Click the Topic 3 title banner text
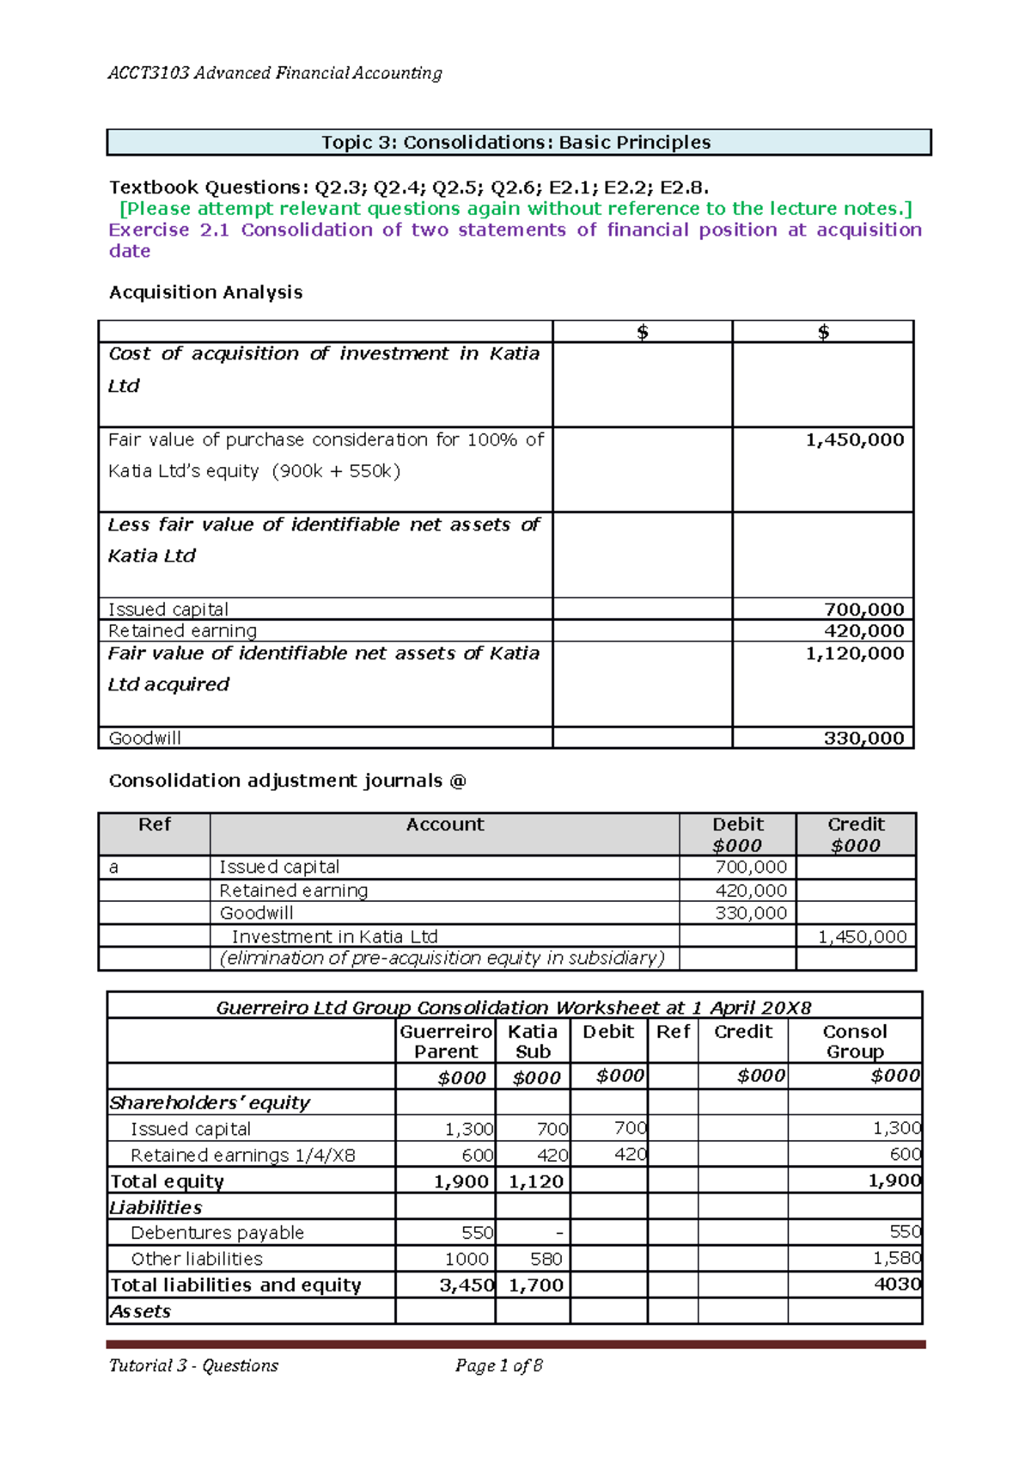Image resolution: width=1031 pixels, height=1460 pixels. click(515, 143)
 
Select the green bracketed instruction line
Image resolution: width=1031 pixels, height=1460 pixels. click(515, 209)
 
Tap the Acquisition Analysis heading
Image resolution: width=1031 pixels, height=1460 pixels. click(205, 292)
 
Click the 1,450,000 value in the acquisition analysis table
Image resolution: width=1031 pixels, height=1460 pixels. click(854, 440)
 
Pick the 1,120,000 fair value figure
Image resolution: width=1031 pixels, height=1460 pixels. click(854, 653)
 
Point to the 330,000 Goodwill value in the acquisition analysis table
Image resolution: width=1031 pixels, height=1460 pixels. click(863, 738)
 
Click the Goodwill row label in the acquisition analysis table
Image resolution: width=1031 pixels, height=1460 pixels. click(144, 738)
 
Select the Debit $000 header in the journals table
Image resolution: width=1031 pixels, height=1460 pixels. click(737, 834)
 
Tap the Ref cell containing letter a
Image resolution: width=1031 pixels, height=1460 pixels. click(113, 868)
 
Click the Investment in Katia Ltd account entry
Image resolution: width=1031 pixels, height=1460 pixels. click(334, 936)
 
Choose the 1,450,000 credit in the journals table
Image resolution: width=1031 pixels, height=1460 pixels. click(861, 936)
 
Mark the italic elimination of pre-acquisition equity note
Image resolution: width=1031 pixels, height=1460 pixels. click(442, 959)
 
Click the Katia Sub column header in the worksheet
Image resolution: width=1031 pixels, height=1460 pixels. click(533, 1041)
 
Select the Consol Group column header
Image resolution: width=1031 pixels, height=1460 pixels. click(854, 1041)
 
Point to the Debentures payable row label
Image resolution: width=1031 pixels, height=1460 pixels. click(217, 1233)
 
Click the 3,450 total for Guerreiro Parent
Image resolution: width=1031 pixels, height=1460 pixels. click(466, 1285)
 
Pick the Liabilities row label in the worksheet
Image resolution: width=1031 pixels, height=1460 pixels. click(156, 1207)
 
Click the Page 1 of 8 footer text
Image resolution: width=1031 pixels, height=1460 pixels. click(498, 1365)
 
